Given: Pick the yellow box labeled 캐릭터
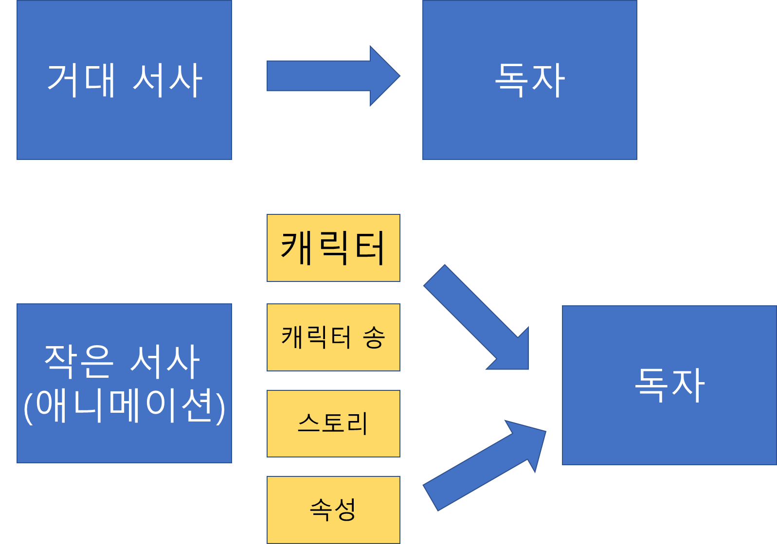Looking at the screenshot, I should [333, 248].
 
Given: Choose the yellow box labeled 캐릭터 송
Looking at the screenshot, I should [333, 337].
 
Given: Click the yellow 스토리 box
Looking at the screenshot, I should [333, 423].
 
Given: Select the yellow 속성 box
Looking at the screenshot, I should [333, 509].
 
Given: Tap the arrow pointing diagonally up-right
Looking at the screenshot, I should [482, 467].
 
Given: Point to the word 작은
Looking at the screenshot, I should [79, 361].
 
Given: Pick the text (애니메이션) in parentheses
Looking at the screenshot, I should [124, 406].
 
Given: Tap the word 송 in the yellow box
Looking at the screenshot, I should [374, 337].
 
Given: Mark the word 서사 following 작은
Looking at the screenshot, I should [165, 361].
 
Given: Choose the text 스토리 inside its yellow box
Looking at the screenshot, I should [333, 423].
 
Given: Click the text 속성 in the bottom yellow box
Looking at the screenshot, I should [333, 509].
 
